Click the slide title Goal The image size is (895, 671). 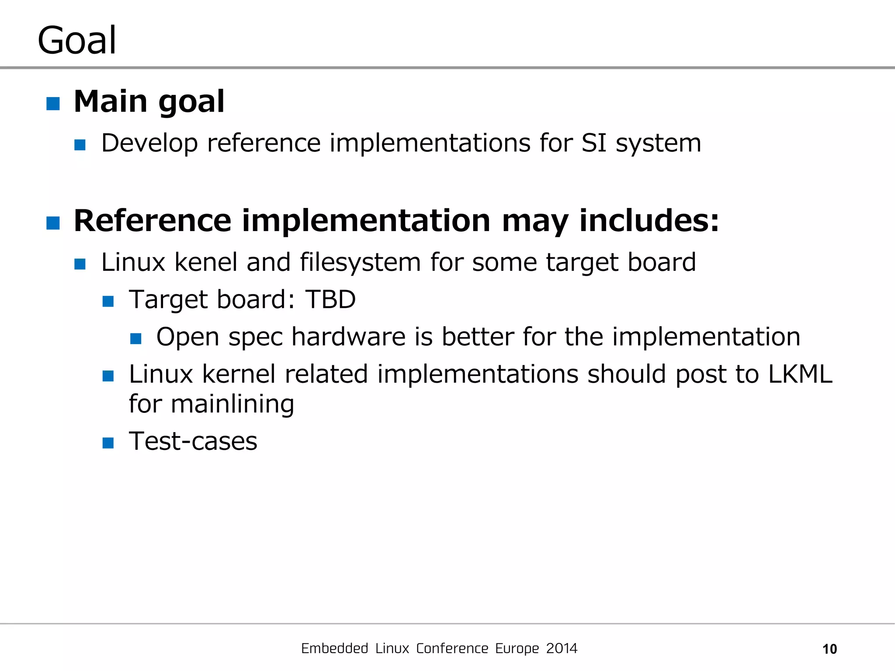[x=77, y=40]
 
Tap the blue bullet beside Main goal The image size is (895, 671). [x=53, y=104]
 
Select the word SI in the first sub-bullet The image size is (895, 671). [x=594, y=143]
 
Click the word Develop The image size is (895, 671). [x=149, y=144]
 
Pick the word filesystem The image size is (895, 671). [x=360, y=263]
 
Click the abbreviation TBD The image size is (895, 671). [x=330, y=300]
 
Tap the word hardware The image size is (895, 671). [x=349, y=337]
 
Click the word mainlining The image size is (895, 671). [x=232, y=404]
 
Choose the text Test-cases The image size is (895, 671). [x=193, y=441]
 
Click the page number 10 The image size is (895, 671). [x=829, y=649]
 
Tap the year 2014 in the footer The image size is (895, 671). [x=562, y=648]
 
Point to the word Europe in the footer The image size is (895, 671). [x=517, y=649]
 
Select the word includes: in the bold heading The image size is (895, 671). [x=649, y=221]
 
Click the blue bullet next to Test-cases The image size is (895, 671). [x=108, y=443]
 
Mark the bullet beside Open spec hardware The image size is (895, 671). [x=136, y=339]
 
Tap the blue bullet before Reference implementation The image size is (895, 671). [x=53, y=223]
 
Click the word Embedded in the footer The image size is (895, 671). [x=334, y=648]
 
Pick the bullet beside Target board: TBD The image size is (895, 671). [x=108, y=301]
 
